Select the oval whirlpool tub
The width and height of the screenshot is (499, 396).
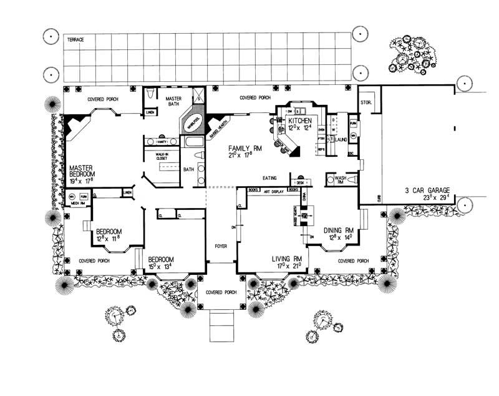click(191, 122)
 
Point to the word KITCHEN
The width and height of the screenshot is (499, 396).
click(300, 120)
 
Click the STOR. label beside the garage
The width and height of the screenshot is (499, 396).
click(366, 102)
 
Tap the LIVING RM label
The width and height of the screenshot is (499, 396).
click(287, 258)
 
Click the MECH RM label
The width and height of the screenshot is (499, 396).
click(77, 203)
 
